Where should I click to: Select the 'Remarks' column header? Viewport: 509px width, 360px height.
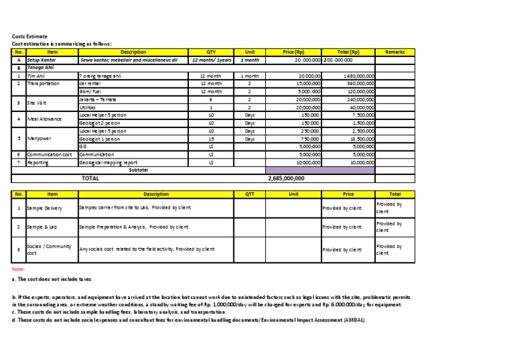(x=394, y=51)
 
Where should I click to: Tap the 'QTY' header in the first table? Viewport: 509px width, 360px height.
(x=211, y=51)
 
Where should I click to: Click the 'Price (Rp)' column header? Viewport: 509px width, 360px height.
(x=293, y=51)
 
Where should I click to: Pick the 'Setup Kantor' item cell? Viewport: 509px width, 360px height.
(x=42, y=59)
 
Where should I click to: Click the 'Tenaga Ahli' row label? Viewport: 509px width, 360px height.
(x=39, y=67)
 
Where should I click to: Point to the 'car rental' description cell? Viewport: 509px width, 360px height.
(x=92, y=84)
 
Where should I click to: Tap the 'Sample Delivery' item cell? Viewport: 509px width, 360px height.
(x=44, y=209)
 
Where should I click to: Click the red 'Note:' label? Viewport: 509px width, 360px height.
(x=19, y=269)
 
